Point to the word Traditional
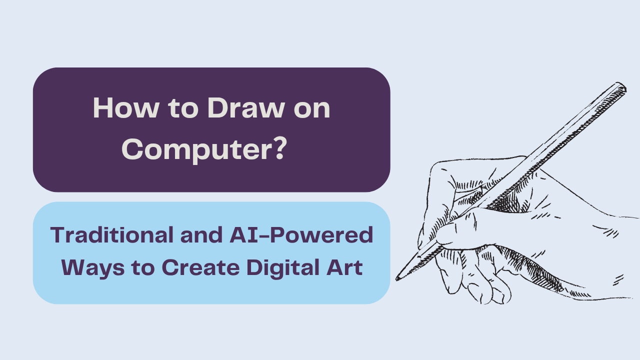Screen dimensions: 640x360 (111, 235)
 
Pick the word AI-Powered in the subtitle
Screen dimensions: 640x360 (301, 235)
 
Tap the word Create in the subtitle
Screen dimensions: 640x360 (200, 267)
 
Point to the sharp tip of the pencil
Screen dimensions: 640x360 (397, 279)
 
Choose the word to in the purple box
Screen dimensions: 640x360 (183, 108)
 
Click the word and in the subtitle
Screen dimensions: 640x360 (201, 235)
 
